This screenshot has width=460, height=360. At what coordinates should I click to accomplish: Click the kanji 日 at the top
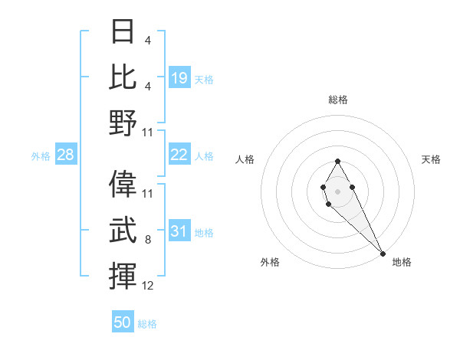(122, 31)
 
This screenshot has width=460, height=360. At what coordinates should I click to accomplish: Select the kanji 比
(122, 77)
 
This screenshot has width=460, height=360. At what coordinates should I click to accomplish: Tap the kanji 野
(122, 123)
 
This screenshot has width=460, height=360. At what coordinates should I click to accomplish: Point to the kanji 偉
(122, 184)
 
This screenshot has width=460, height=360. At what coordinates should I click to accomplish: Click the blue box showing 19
(179, 77)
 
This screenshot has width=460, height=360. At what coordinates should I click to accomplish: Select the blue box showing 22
(179, 155)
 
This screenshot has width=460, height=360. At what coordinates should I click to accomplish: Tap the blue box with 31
(179, 231)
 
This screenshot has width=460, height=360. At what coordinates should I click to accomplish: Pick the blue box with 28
(66, 155)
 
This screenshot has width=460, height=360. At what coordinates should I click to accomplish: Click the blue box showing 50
(123, 322)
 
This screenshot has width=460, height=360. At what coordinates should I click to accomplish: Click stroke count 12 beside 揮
(148, 286)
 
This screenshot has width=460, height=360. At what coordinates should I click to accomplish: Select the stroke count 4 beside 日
(147, 41)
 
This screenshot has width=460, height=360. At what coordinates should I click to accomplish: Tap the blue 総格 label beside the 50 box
(147, 324)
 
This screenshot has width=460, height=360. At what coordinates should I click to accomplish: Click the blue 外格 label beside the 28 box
(41, 156)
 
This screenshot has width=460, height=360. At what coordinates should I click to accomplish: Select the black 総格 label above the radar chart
(338, 100)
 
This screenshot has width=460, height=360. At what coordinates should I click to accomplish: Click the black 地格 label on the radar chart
(402, 262)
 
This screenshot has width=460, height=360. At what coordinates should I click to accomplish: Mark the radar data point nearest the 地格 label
(383, 254)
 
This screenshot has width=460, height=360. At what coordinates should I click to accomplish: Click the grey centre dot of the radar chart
(337, 190)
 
